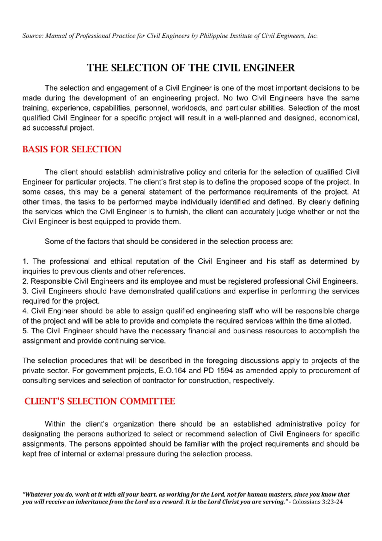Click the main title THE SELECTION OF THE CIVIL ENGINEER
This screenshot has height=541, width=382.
[191, 68]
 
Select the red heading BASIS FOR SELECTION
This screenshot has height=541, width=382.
[72, 149]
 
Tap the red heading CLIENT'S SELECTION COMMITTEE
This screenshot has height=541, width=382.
[100, 401]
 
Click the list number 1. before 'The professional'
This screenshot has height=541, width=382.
[25, 262]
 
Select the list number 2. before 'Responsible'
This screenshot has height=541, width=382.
[25, 281]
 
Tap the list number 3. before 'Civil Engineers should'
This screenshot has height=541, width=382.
[25, 291]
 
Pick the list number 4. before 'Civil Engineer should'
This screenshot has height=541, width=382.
[25, 311]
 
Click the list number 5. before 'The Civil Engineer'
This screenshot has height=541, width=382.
[25, 331]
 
